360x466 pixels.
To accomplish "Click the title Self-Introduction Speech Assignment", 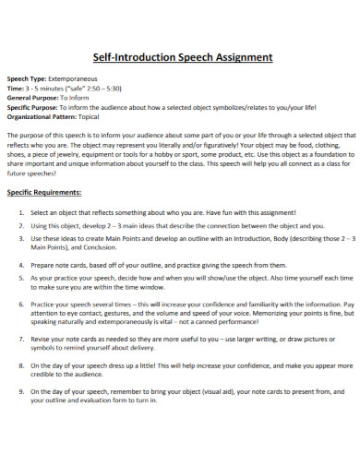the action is (180, 56).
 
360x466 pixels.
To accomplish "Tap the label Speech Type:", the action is (26, 80).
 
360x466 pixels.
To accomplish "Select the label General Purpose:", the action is (32, 96).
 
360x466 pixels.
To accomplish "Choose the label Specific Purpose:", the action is (33, 106).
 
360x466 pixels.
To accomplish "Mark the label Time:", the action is (17, 88).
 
